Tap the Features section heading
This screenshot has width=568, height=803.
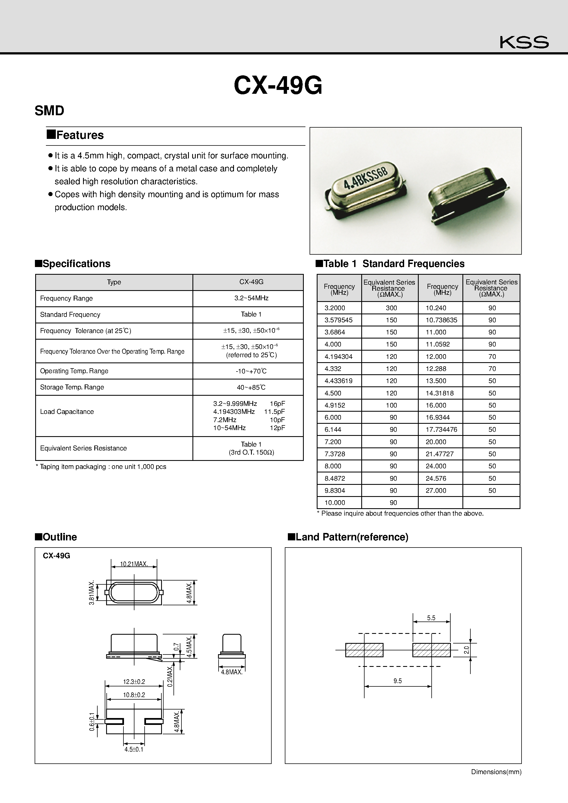point(76,135)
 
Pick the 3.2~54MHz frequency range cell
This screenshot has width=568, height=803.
point(251,298)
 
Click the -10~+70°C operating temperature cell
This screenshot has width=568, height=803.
point(251,371)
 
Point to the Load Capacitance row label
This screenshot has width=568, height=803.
point(67,412)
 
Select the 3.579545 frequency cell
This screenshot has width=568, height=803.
point(338,320)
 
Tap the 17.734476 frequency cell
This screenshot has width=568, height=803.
point(441,430)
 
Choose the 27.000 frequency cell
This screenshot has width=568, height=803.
point(436,490)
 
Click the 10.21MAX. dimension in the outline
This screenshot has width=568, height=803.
point(134,564)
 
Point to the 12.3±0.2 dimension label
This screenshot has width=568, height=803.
point(134,682)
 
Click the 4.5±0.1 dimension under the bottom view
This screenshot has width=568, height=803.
point(134,749)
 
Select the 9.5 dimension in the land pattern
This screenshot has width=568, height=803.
point(397,681)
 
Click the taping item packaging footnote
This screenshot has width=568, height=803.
point(101,467)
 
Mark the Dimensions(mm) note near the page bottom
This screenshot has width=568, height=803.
point(496,772)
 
